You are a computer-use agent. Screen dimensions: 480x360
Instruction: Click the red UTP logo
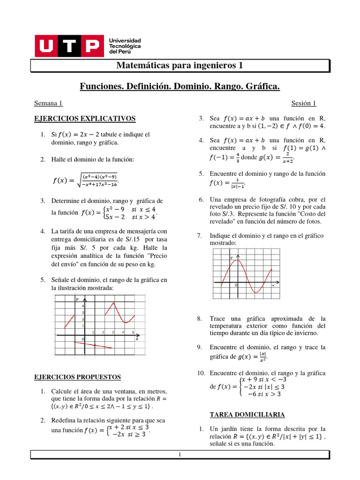point(68,45)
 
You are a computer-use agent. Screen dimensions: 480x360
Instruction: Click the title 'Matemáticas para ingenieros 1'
point(180,66)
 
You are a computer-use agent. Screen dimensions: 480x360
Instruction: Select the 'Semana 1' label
point(48,103)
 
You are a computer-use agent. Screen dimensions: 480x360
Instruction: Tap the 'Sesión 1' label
point(304,103)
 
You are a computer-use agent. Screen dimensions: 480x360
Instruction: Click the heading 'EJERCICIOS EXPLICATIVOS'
point(85,118)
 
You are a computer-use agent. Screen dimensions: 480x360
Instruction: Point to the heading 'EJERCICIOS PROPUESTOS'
point(78,376)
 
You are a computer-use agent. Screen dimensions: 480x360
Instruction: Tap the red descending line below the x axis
point(94,345)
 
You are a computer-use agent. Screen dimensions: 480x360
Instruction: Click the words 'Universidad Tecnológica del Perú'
point(125,46)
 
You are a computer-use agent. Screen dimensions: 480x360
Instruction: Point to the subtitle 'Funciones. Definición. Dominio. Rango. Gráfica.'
point(180,86)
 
